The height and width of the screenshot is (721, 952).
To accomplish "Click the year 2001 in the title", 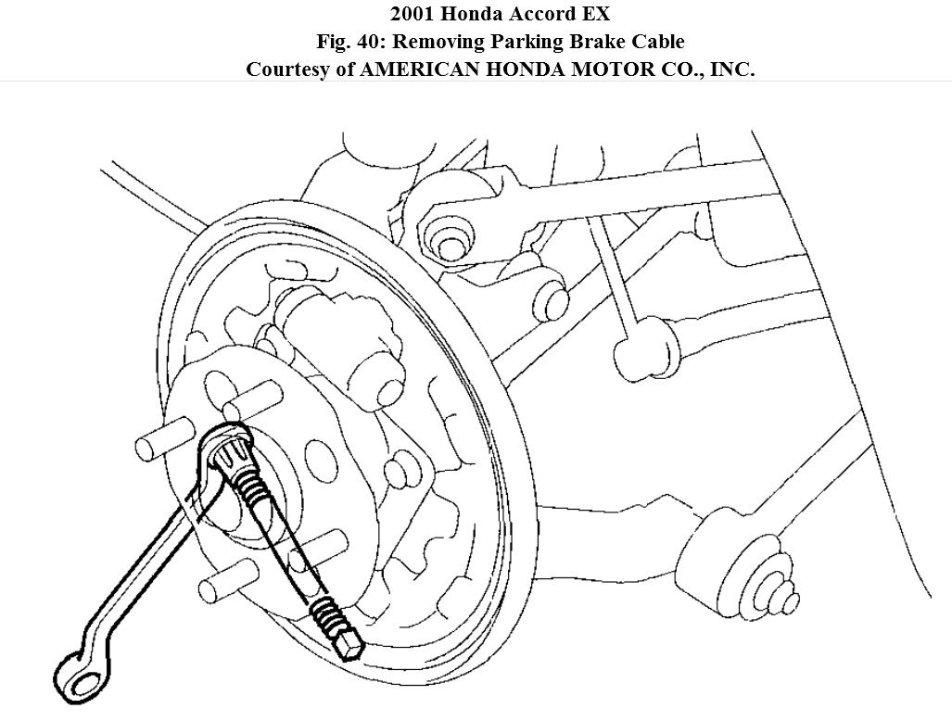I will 413,14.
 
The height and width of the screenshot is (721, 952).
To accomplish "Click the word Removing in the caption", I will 439,42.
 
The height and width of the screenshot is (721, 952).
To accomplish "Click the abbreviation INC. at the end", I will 732,70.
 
